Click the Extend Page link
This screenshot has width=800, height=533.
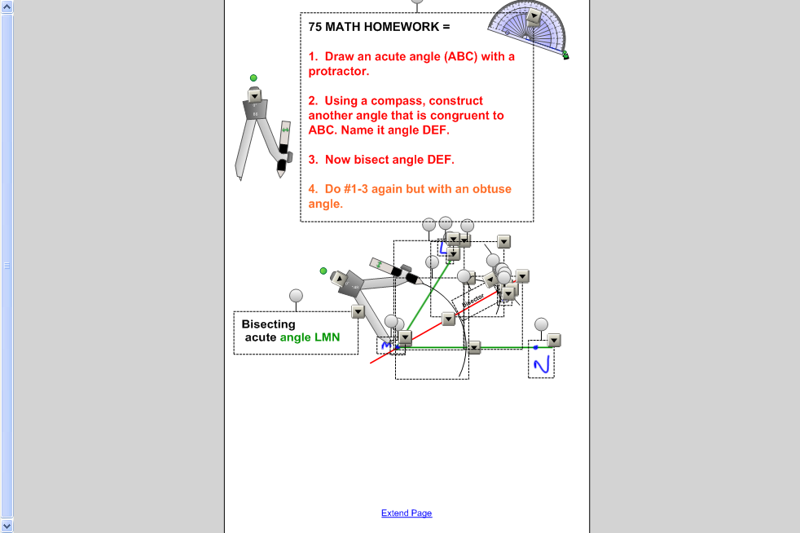point(407,513)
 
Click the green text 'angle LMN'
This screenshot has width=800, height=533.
point(310,337)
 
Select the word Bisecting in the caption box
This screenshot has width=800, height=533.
point(268,324)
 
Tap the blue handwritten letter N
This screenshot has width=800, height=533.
point(542,364)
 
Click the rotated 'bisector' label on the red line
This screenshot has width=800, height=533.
point(473,296)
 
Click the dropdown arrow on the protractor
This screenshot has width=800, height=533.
point(534,17)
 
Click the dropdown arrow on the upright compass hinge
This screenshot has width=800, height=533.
point(255,95)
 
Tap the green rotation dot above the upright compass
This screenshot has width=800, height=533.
point(253,78)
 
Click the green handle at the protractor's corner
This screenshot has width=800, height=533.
point(565,55)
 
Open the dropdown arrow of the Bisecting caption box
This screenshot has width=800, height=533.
point(358,311)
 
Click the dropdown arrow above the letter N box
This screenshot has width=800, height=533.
point(554,340)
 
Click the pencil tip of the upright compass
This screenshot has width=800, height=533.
point(281,174)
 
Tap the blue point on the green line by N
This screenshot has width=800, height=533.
point(535,347)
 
